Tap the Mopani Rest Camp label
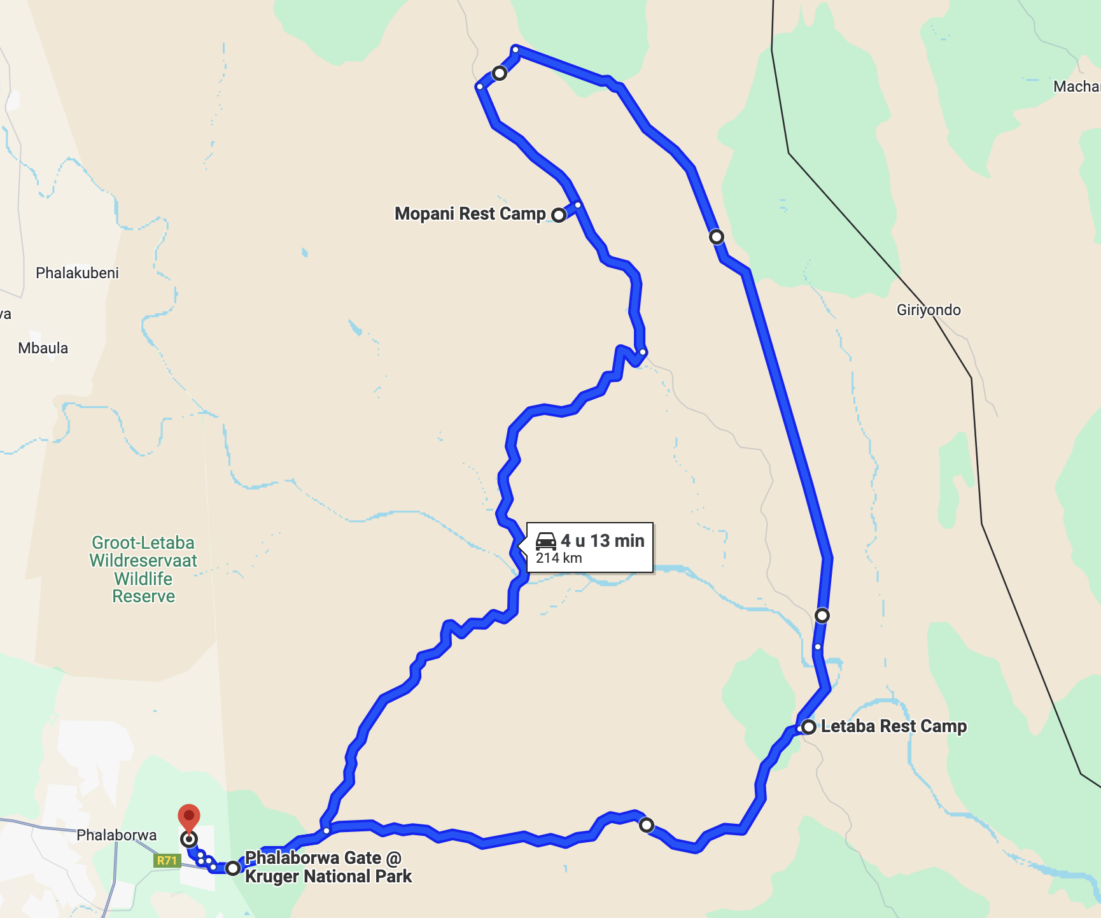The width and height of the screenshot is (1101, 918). [x=470, y=214]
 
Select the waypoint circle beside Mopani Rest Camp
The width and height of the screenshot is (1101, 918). [x=559, y=215]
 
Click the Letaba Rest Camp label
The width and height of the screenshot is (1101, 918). [x=894, y=726]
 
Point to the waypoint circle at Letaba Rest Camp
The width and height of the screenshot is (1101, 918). [x=809, y=727]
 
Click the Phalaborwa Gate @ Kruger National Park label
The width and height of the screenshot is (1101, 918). [x=328, y=867]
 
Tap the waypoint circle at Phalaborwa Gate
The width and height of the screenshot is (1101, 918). [x=233, y=868]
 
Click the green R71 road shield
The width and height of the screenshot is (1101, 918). [x=167, y=861]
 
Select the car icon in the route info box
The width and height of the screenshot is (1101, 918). [x=546, y=541]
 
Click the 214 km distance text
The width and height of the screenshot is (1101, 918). [x=559, y=558]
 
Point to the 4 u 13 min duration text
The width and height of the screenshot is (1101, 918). [x=602, y=541]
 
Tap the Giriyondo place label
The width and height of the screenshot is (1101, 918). [x=929, y=310]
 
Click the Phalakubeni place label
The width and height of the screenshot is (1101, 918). [x=77, y=273]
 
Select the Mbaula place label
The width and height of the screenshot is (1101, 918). [x=43, y=348]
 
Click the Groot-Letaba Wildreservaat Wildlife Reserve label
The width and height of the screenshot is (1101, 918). [x=143, y=569]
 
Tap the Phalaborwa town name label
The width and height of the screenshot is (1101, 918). [x=116, y=835]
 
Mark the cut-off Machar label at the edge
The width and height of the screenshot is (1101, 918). [x=1076, y=87]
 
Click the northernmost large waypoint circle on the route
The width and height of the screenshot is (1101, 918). [x=500, y=73]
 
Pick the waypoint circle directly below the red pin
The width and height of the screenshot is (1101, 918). [x=189, y=839]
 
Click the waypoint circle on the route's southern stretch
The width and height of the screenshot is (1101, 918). [x=647, y=825]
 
